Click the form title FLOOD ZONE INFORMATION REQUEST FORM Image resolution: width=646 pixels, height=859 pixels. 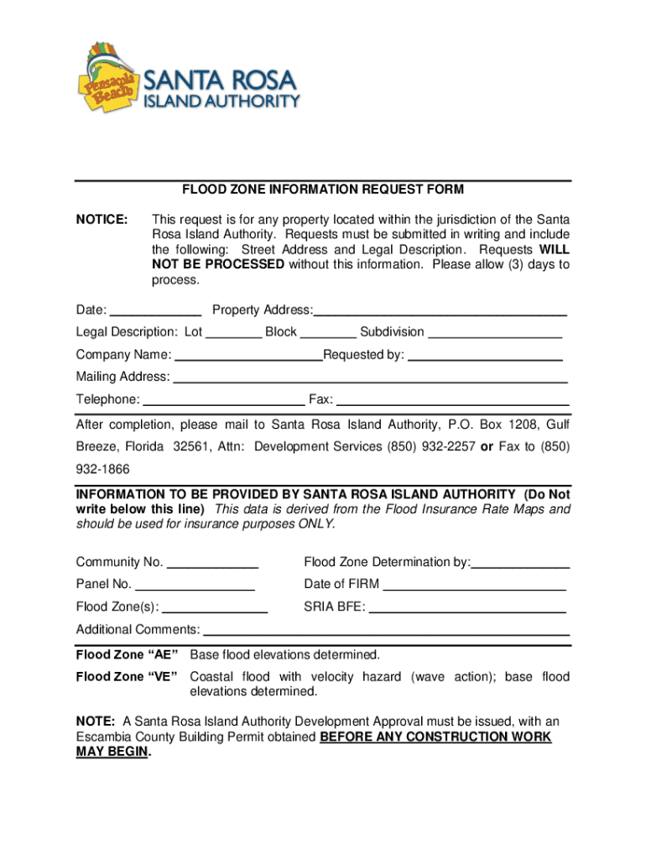[324, 190]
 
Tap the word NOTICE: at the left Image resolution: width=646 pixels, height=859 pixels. [102, 220]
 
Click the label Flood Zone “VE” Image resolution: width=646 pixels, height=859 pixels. [127, 677]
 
